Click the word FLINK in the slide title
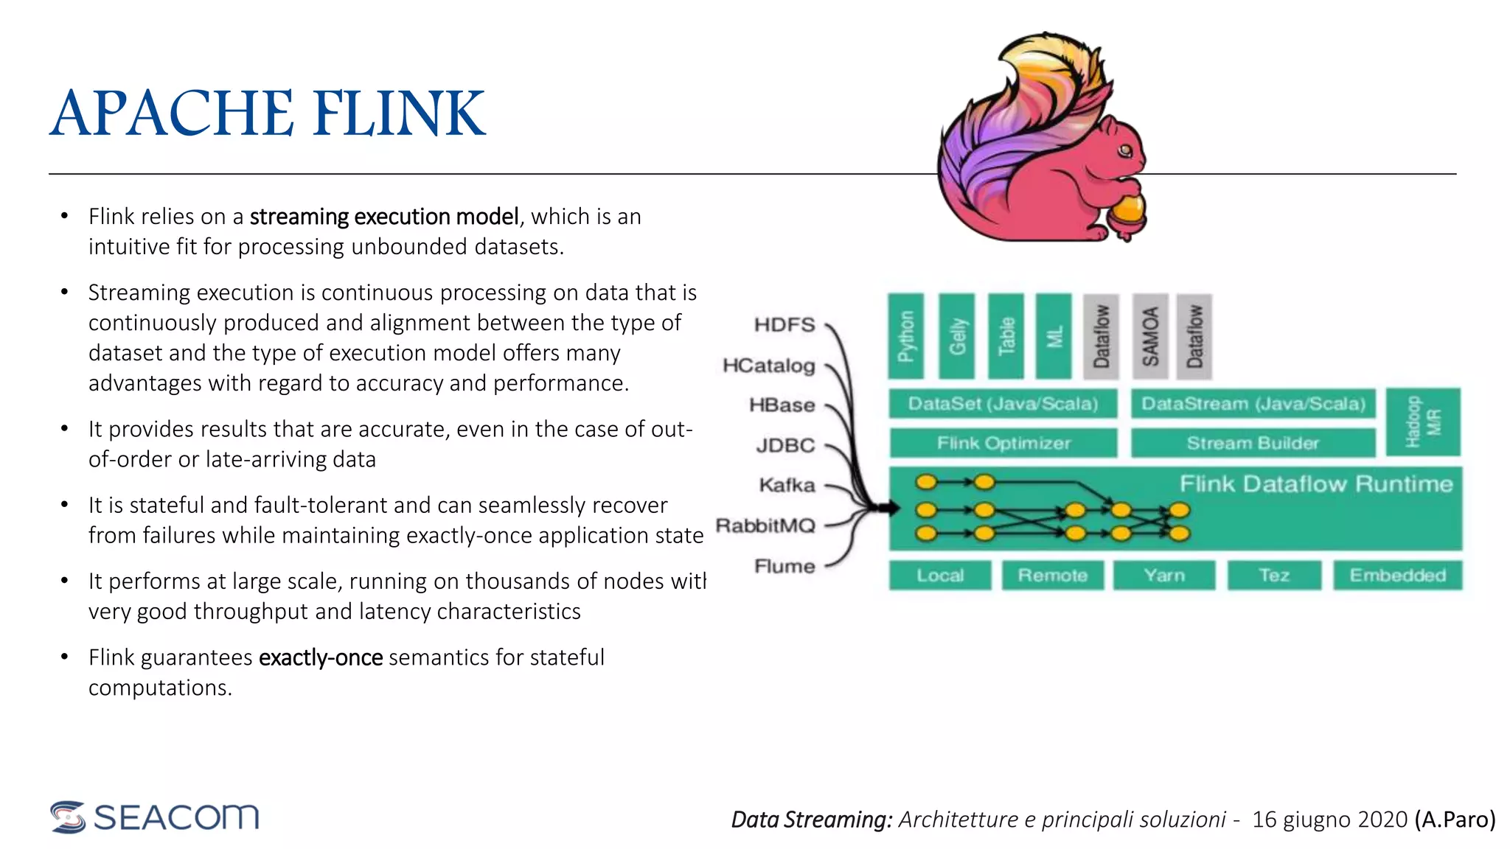(x=399, y=113)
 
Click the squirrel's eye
(x=1125, y=151)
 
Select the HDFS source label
(x=784, y=325)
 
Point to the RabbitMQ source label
(x=765, y=525)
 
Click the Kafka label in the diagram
(x=787, y=485)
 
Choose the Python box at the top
(x=906, y=336)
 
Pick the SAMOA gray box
(x=1150, y=336)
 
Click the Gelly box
(x=956, y=336)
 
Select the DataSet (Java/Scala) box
(x=1003, y=404)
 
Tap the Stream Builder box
(x=1253, y=443)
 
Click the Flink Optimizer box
(x=1003, y=443)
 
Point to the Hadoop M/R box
(x=1422, y=422)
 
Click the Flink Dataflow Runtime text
(x=1315, y=484)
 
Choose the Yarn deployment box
(x=1163, y=576)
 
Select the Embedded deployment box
(x=1397, y=576)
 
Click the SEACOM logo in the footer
(x=155, y=817)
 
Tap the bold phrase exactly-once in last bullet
(x=321, y=657)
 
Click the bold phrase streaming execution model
(x=384, y=217)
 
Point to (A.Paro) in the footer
(x=1455, y=820)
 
